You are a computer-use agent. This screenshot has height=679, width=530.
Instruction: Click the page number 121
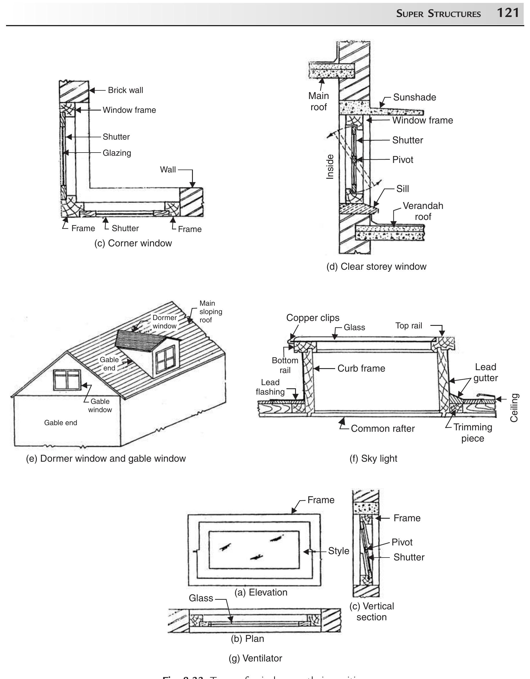pyautogui.click(x=508, y=13)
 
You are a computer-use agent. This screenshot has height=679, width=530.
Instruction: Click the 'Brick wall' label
pyautogui.click(x=125, y=90)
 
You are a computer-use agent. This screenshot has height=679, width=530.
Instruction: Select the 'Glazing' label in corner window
pyautogui.click(x=117, y=153)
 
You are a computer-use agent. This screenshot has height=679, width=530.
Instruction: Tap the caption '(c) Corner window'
pyautogui.click(x=133, y=243)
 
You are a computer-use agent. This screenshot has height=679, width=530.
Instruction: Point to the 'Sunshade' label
pyautogui.click(x=414, y=97)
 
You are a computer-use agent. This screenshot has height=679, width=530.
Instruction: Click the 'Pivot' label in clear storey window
pyautogui.click(x=402, y=160)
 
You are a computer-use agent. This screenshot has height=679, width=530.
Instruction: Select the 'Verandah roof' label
pyautogui.click(x=423, y=211)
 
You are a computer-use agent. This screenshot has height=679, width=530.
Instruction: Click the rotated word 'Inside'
pyautogui.click(x=330, y=167)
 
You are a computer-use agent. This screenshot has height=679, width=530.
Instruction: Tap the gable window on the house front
pyautogui.click(x=67, y=379)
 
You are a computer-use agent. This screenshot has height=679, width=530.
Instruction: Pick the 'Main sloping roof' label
pyautogui.click(x=210, y=311)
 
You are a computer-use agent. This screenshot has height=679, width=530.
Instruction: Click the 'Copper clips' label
pyautogui.click(x=313, y=318)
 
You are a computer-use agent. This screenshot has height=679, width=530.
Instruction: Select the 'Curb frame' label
pyautogui.click(x=361, y=368)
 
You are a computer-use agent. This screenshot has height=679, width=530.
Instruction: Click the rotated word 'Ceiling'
pyautogui.click(x=514, y=408)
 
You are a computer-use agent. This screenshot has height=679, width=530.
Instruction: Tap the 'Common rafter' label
pyautogui.click(x=383, y=429)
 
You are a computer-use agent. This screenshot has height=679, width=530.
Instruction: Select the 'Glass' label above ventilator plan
pyautogui.click(x=201, y=598)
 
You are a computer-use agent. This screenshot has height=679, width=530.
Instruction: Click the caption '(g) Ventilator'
pyautogui.click(x=255, y=658)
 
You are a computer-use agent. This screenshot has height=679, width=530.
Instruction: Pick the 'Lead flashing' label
pyautogui.click(x=270, y=387)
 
